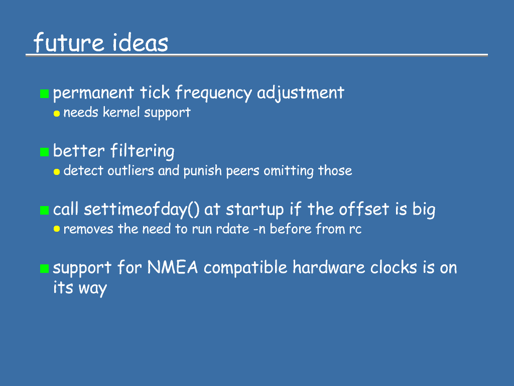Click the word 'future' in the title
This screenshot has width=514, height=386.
pos(69,42)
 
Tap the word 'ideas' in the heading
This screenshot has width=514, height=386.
pos(140,42)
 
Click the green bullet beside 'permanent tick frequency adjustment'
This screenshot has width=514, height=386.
pos(44,93)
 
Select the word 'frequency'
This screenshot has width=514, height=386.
pos(213,93)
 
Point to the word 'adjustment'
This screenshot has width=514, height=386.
pos(301,93)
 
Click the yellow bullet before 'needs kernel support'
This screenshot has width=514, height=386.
pos(57,114)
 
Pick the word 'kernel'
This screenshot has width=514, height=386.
pos(121,112)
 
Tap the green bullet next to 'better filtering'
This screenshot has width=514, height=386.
pos(44,152)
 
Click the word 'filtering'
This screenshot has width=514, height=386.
pos(142,151)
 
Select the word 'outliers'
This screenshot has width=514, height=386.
pos(131,171)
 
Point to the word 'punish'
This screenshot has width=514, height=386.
pos(203,171)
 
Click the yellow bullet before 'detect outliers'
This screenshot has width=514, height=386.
pos(57,172)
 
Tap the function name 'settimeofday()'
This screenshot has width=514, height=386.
pos(142,210)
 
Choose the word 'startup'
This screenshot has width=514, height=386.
pos(254,210)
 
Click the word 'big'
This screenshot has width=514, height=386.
pos(424,210)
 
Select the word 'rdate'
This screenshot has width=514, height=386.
pos(233,229)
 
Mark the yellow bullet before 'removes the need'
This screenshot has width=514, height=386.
pos(57,229)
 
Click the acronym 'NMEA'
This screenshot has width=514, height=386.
pos(173,267)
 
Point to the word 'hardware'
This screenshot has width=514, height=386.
pos(329,267)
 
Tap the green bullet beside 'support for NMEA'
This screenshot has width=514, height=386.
pos(44,268)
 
